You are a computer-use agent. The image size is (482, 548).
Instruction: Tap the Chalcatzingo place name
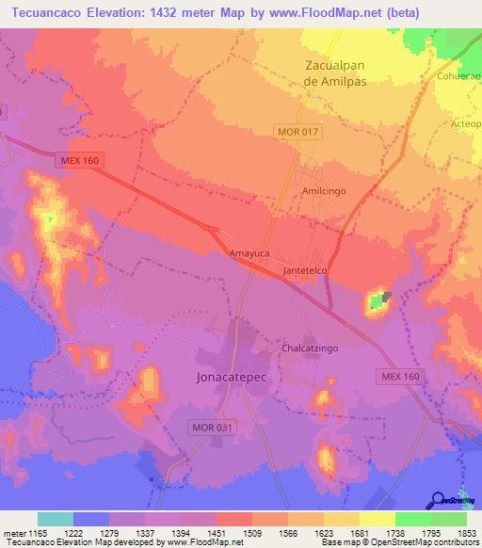312,347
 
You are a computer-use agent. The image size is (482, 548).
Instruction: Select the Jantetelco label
304,271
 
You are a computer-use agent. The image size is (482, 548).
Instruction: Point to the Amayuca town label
249,254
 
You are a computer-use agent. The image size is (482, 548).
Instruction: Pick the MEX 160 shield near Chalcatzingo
400,377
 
